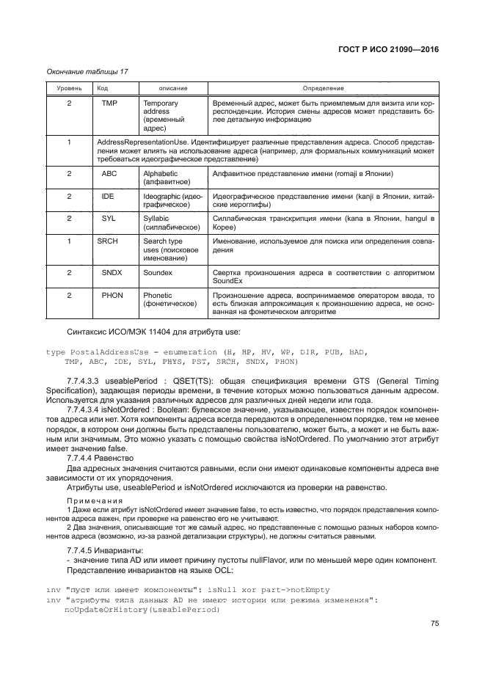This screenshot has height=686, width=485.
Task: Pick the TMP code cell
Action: (x=109, y=104)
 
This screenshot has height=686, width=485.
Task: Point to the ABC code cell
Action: (x=109, y=174)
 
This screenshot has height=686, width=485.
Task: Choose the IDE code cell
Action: (x=109, y=197)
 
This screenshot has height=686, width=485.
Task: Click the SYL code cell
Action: (x=109, y=219)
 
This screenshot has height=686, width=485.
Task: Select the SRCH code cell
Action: (x=108, y=241)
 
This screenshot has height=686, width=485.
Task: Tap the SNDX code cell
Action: (x=112, y=272)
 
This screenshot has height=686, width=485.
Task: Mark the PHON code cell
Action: (x=112, y=295)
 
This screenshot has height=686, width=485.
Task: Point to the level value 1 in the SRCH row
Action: (x=68, y=241)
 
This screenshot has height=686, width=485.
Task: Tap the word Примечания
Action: (x=92, y=500)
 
